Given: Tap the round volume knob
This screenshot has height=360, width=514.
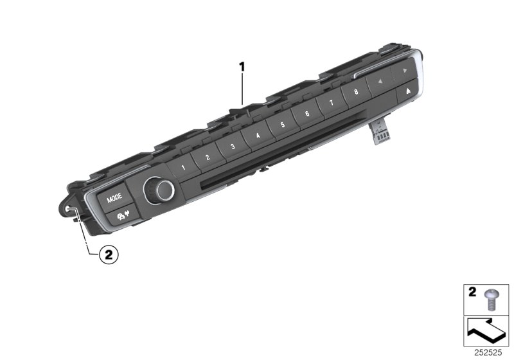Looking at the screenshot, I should click(158, 190).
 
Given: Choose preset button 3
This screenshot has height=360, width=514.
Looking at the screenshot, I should click(233, 146).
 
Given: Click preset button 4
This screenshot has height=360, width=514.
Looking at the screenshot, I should click(258, 135).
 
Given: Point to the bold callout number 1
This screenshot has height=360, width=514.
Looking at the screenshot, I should click(242, 66).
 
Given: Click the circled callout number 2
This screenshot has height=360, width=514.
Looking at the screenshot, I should click(108, 255).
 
